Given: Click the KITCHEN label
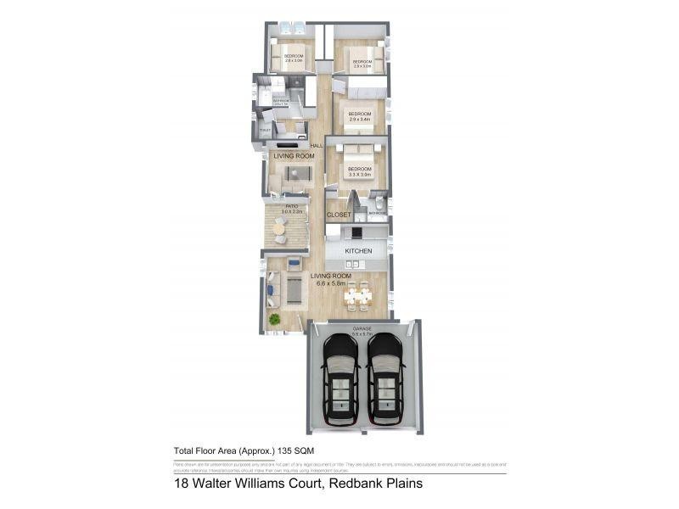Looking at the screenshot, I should click(357, 251).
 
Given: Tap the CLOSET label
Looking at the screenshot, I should click(339, 215).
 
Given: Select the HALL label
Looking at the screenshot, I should click(316, 147).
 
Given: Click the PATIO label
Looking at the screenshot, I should click(290, 206).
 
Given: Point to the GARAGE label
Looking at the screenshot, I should click(362, 327).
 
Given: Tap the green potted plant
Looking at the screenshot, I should click(275, 319).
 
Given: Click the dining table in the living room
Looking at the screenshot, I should click(362, 296).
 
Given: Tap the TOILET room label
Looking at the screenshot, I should click(266, 130).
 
